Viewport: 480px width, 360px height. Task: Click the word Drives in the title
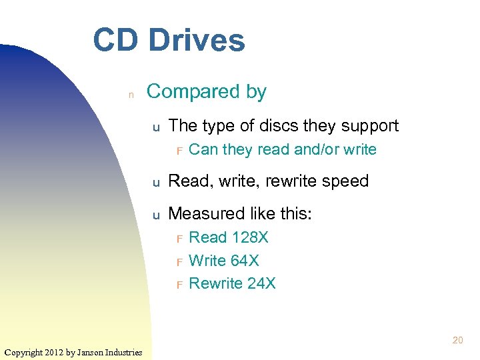tap(197, 40)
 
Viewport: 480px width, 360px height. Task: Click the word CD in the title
tap(116, 40)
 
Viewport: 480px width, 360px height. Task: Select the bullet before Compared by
tap(131, 95)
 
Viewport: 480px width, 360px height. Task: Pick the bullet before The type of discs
tap(155, 127)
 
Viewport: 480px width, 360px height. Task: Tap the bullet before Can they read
tap(179, 151)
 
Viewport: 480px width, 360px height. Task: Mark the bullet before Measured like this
tap(155, 215)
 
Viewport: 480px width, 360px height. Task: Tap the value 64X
tap(243, 260)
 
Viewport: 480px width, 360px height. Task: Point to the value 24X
tap(261, 283)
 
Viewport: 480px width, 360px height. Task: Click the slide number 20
tap(457, 340)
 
